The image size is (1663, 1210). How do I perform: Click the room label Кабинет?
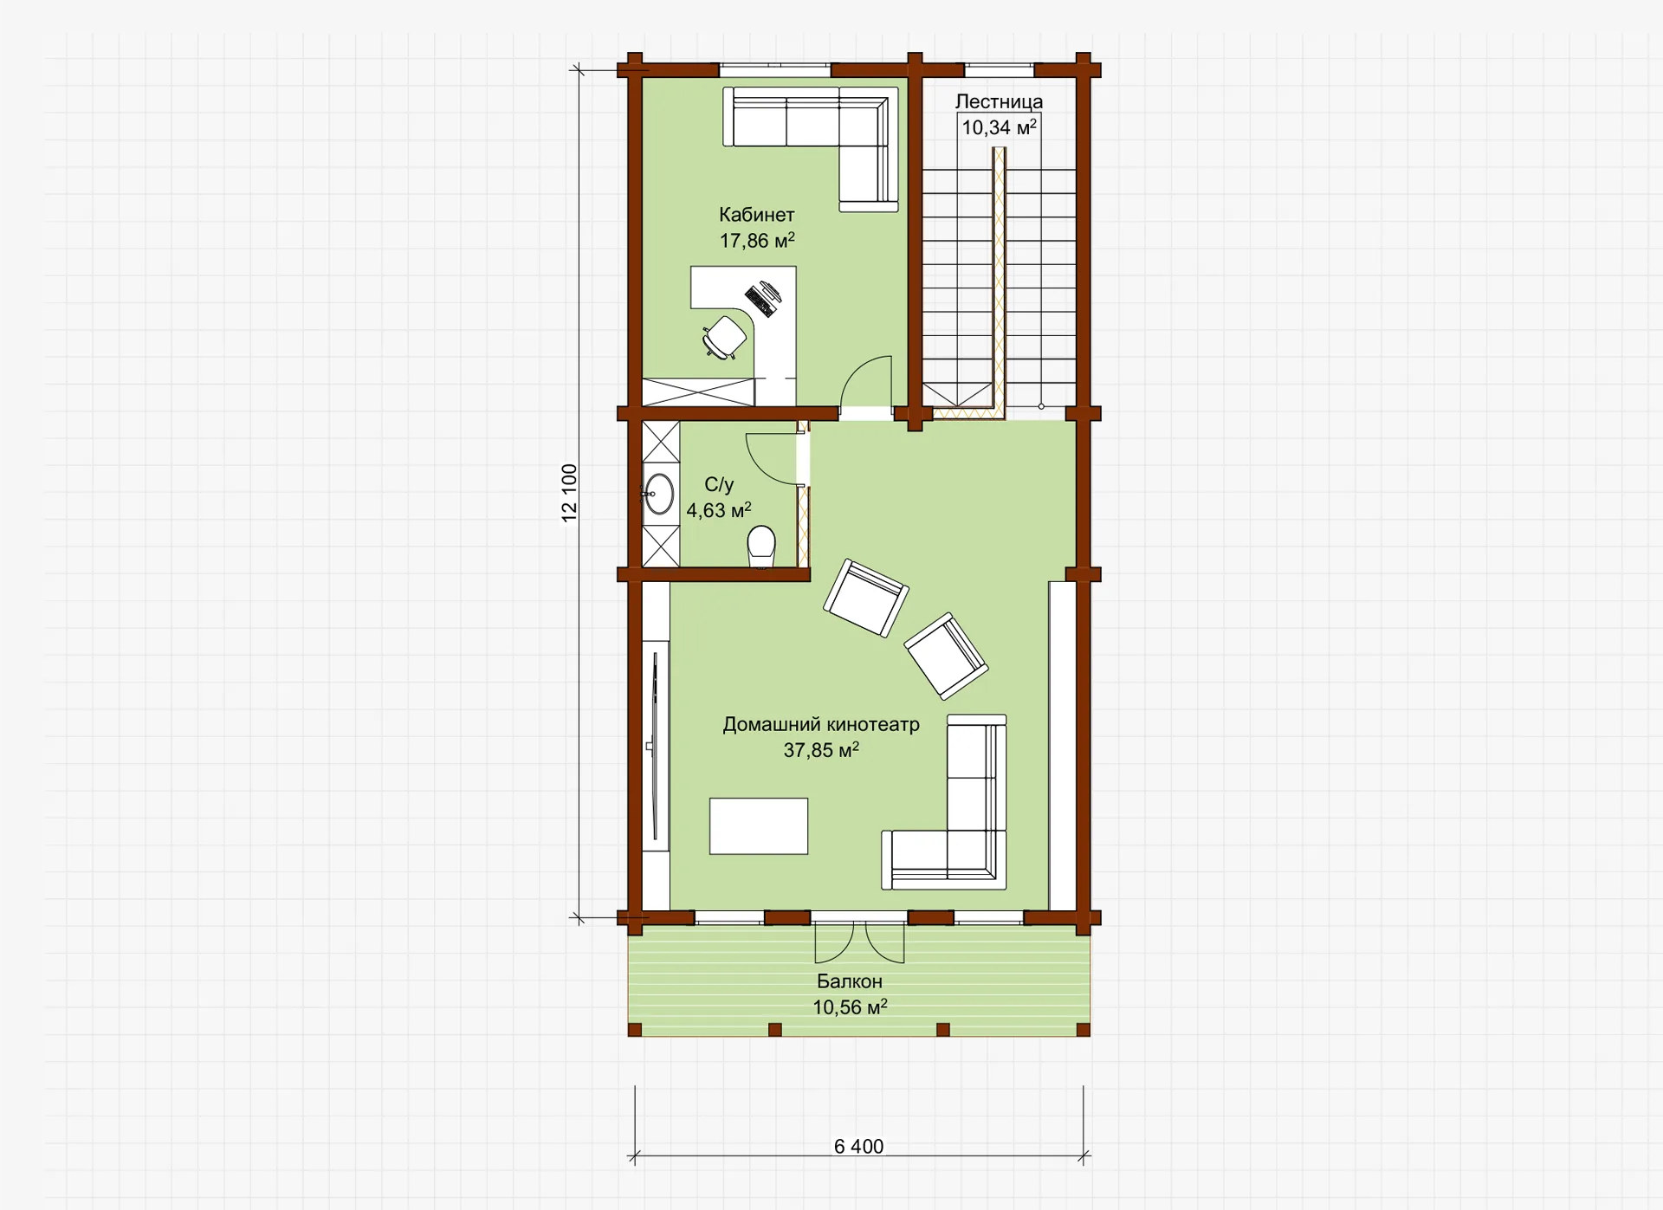756,215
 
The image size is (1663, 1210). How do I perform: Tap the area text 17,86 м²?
757,240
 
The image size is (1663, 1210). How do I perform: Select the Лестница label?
999,101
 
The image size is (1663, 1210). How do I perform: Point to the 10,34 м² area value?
999,127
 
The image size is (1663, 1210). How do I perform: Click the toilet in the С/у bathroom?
761,546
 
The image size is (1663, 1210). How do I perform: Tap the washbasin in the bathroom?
658,495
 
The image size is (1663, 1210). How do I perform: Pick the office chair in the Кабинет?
724,338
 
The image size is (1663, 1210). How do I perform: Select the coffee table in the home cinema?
759,826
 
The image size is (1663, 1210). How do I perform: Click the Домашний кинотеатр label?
821,724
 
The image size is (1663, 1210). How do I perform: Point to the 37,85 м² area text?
821,750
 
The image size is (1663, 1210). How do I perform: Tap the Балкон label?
850,981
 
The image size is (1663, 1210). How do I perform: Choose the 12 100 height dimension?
569,493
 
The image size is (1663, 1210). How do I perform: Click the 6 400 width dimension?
859,1147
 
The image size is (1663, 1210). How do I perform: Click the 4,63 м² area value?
719,510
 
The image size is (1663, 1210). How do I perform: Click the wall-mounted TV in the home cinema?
656,747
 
